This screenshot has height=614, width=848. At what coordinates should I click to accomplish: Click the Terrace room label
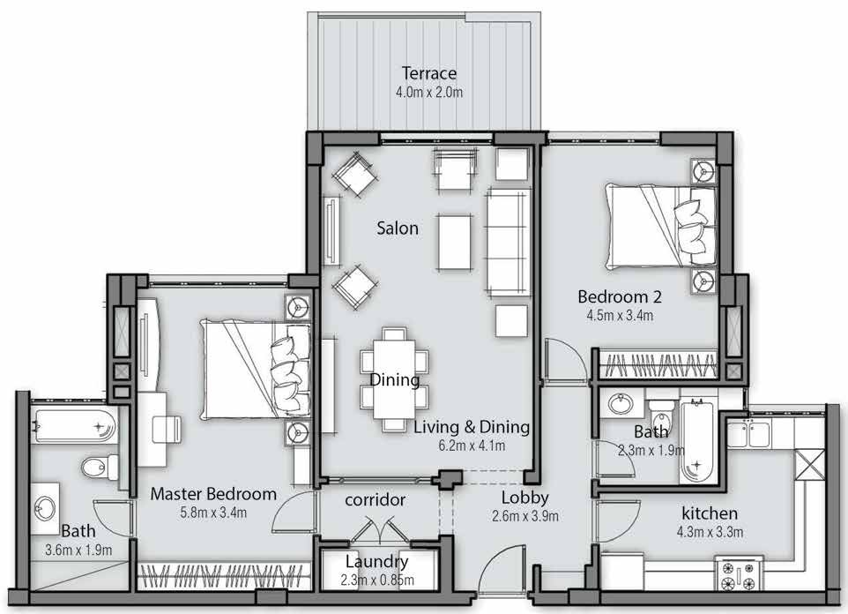coord(429,73)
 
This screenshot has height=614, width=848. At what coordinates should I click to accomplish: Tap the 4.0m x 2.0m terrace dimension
coord(429,92)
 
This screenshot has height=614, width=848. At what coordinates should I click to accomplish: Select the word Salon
coord(398,228)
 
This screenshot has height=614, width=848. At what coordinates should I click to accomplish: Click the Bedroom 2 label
coord(620,296)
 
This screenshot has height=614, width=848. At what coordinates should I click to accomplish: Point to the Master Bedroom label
coord(213,494)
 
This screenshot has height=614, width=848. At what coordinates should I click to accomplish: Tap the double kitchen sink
coord(749,434)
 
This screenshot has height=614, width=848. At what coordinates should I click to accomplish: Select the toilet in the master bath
coord(100,467)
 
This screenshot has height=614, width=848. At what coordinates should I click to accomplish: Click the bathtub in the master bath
coord(74,425)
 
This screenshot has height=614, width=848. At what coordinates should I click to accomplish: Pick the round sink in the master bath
coord(44,508)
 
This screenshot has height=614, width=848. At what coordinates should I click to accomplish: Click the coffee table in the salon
coord(454,242)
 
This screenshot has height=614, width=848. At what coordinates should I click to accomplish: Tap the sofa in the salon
coord(508,242)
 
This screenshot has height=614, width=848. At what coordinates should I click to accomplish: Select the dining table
coord(394,378)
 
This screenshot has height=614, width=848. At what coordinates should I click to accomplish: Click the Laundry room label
coord(377,561)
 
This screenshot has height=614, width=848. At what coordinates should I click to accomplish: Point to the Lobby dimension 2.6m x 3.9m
coord(525,516)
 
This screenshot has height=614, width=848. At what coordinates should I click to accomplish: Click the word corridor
coord(376,499)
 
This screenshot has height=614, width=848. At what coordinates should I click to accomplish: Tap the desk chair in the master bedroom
coord(167,429)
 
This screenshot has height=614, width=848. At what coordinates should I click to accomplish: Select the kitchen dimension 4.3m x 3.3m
coord(710,532)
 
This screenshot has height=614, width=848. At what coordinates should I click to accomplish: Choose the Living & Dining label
coord(472,427)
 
